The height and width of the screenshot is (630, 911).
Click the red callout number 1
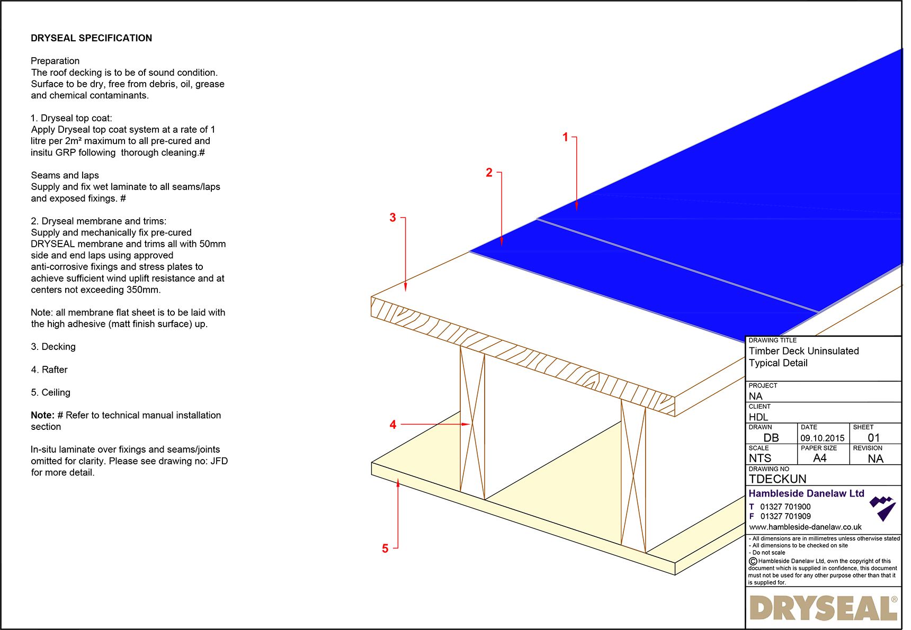pyautogui.click(x=565, y=137)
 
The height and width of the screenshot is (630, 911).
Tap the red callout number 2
pyautogui.click(x=489, y=173)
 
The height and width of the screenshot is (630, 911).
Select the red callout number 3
pyautogui.click(x=392, y=218)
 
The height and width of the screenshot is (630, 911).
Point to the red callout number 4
pyautogui.click(x=392, y=425)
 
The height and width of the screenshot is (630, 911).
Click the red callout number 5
pyautogui.click(x=385, y=548)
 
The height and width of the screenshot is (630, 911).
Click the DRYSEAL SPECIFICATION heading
pyautogui.click(x=91, y=38)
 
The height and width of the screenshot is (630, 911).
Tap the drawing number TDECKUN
pyautogui.click(x=777, y=479)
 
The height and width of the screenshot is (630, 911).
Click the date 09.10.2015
pyautogui.click(x=822, y=438)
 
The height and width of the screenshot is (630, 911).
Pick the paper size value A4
pyautogui.click(x=819, y=458)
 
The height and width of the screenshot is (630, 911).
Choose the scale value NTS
pyautogui.click(x=760, y=458)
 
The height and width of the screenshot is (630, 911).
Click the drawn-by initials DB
pyautogui.click(x=771, y=438)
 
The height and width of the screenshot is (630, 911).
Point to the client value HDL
pyautogui.click(x=758, y=417)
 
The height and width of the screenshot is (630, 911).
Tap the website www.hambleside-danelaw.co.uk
pyautogui.click(x=805, y=527)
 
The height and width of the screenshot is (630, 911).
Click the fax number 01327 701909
pyautogui.click(x=785, y=516)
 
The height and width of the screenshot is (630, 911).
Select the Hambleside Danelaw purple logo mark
pyautogui.click(x=882, y=508)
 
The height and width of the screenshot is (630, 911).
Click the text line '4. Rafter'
pyautogui.click(x=49, y=370)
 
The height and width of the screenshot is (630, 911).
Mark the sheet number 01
pyautogui.click(x=873, y=438)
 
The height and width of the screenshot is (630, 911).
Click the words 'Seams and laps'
pyautogui.click(x=65, y=175)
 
